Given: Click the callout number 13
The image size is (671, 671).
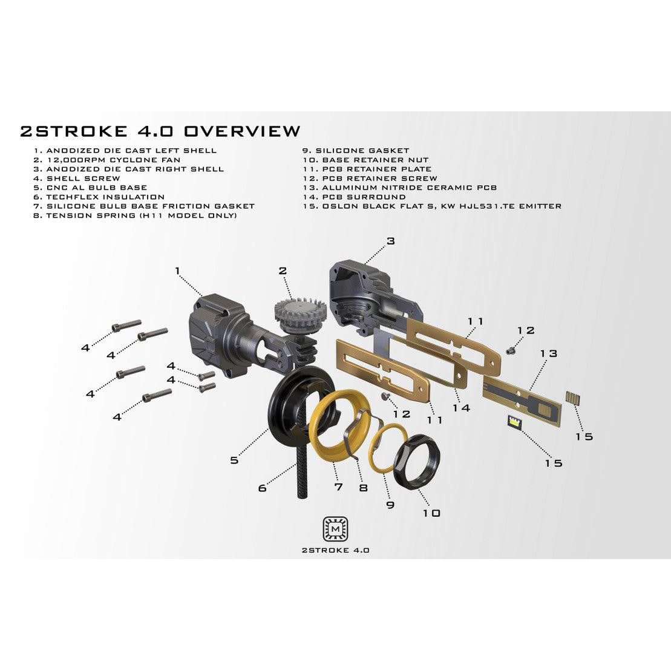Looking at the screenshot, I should click(549, 353).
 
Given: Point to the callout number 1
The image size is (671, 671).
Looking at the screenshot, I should click(177, 271).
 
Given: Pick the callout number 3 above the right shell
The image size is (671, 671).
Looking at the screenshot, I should click(391, 241).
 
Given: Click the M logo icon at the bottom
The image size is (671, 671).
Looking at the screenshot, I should click(335, 528).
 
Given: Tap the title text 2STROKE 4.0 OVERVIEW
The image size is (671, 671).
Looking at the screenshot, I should click(160, 131).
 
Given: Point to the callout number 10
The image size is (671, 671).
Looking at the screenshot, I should click(431, 513).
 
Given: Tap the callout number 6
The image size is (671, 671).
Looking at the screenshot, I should click(262, 487).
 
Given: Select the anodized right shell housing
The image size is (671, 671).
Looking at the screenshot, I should click(363, 290).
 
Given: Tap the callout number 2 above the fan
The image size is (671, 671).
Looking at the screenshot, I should click(283, 270).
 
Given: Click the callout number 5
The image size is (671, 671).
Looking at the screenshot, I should click(234, 460).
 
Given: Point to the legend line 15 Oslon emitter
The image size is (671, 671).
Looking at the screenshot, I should click(432, 206).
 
